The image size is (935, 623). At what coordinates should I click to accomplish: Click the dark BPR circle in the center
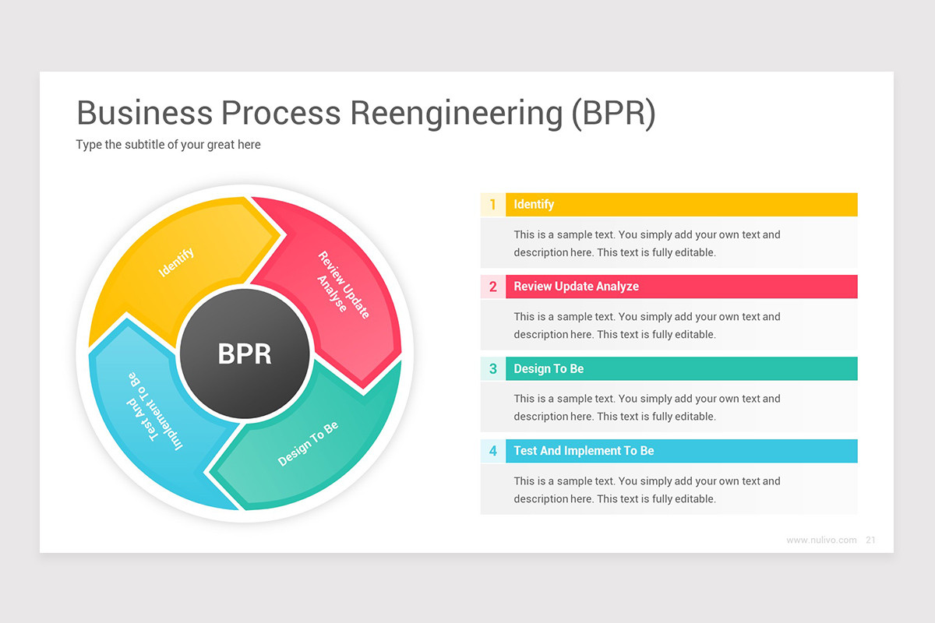tap(245, 354)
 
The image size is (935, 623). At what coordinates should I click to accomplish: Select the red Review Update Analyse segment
tap(341, 285)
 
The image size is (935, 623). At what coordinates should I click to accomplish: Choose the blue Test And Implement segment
tap(153, 413)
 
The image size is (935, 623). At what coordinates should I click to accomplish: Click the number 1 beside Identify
tap(492, 205)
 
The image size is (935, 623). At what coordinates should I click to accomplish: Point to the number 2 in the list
tap(492, 287)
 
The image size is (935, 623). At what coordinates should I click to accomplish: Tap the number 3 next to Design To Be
tap(492, 369)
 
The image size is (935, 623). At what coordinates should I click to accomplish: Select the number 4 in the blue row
tap(492, 451)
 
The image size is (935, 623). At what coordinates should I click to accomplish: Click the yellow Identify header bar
tap(681, 205)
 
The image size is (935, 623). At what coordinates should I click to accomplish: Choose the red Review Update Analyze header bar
tap(681, 287)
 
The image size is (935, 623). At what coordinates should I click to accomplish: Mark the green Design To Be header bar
tap(681, 369)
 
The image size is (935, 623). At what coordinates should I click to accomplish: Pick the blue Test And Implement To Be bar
tap(681, 451)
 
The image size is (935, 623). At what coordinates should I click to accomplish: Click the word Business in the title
tap(144, 113)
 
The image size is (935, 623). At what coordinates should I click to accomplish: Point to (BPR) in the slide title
tap(613, 113)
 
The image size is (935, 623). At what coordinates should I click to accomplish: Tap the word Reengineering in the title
tap(456, 114)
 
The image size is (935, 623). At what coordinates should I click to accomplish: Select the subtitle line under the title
tap(168, 145)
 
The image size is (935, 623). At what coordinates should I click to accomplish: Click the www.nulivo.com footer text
tap(821, 540)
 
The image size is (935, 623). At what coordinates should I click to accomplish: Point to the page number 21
tap(870, 540)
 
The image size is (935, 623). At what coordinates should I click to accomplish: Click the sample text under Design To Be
tap(647, 407)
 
